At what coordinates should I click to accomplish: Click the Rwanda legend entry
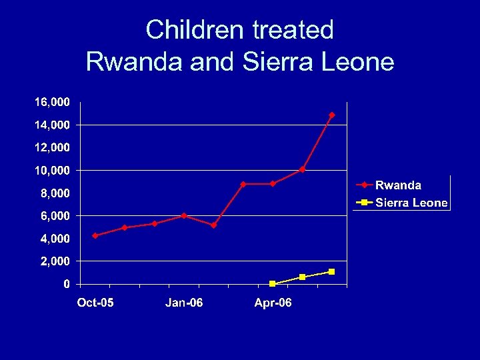point(398,185)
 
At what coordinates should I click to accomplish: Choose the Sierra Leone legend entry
point(411,203)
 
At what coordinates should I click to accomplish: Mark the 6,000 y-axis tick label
point(55,216)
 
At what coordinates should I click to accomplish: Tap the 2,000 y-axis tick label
point(55,261)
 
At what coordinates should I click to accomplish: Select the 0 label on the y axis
point(67,284)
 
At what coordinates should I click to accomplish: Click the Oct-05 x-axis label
point(95,303)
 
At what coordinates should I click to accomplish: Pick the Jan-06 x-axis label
point(184,303)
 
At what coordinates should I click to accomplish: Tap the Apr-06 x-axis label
point(273,303)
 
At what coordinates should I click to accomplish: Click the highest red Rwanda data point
point(332,115)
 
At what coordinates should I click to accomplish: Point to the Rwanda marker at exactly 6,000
point(184,215)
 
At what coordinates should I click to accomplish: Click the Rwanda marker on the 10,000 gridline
point(302,169)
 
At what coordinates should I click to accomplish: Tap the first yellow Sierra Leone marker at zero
point(273,283)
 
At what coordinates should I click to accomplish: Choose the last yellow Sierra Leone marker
point(331,271)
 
